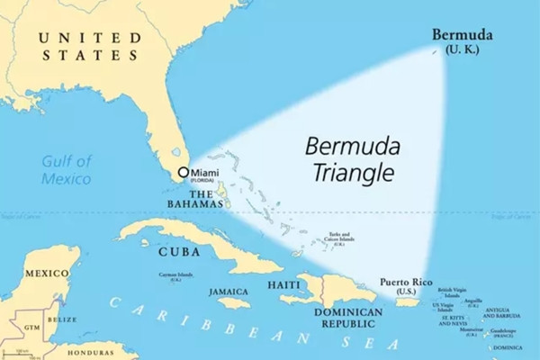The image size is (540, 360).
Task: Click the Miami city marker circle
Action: click(x=184, y=172)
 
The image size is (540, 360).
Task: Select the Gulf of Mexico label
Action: click(x=67, y=170)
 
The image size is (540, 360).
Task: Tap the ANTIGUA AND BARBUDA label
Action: click(x=502, y=313)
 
